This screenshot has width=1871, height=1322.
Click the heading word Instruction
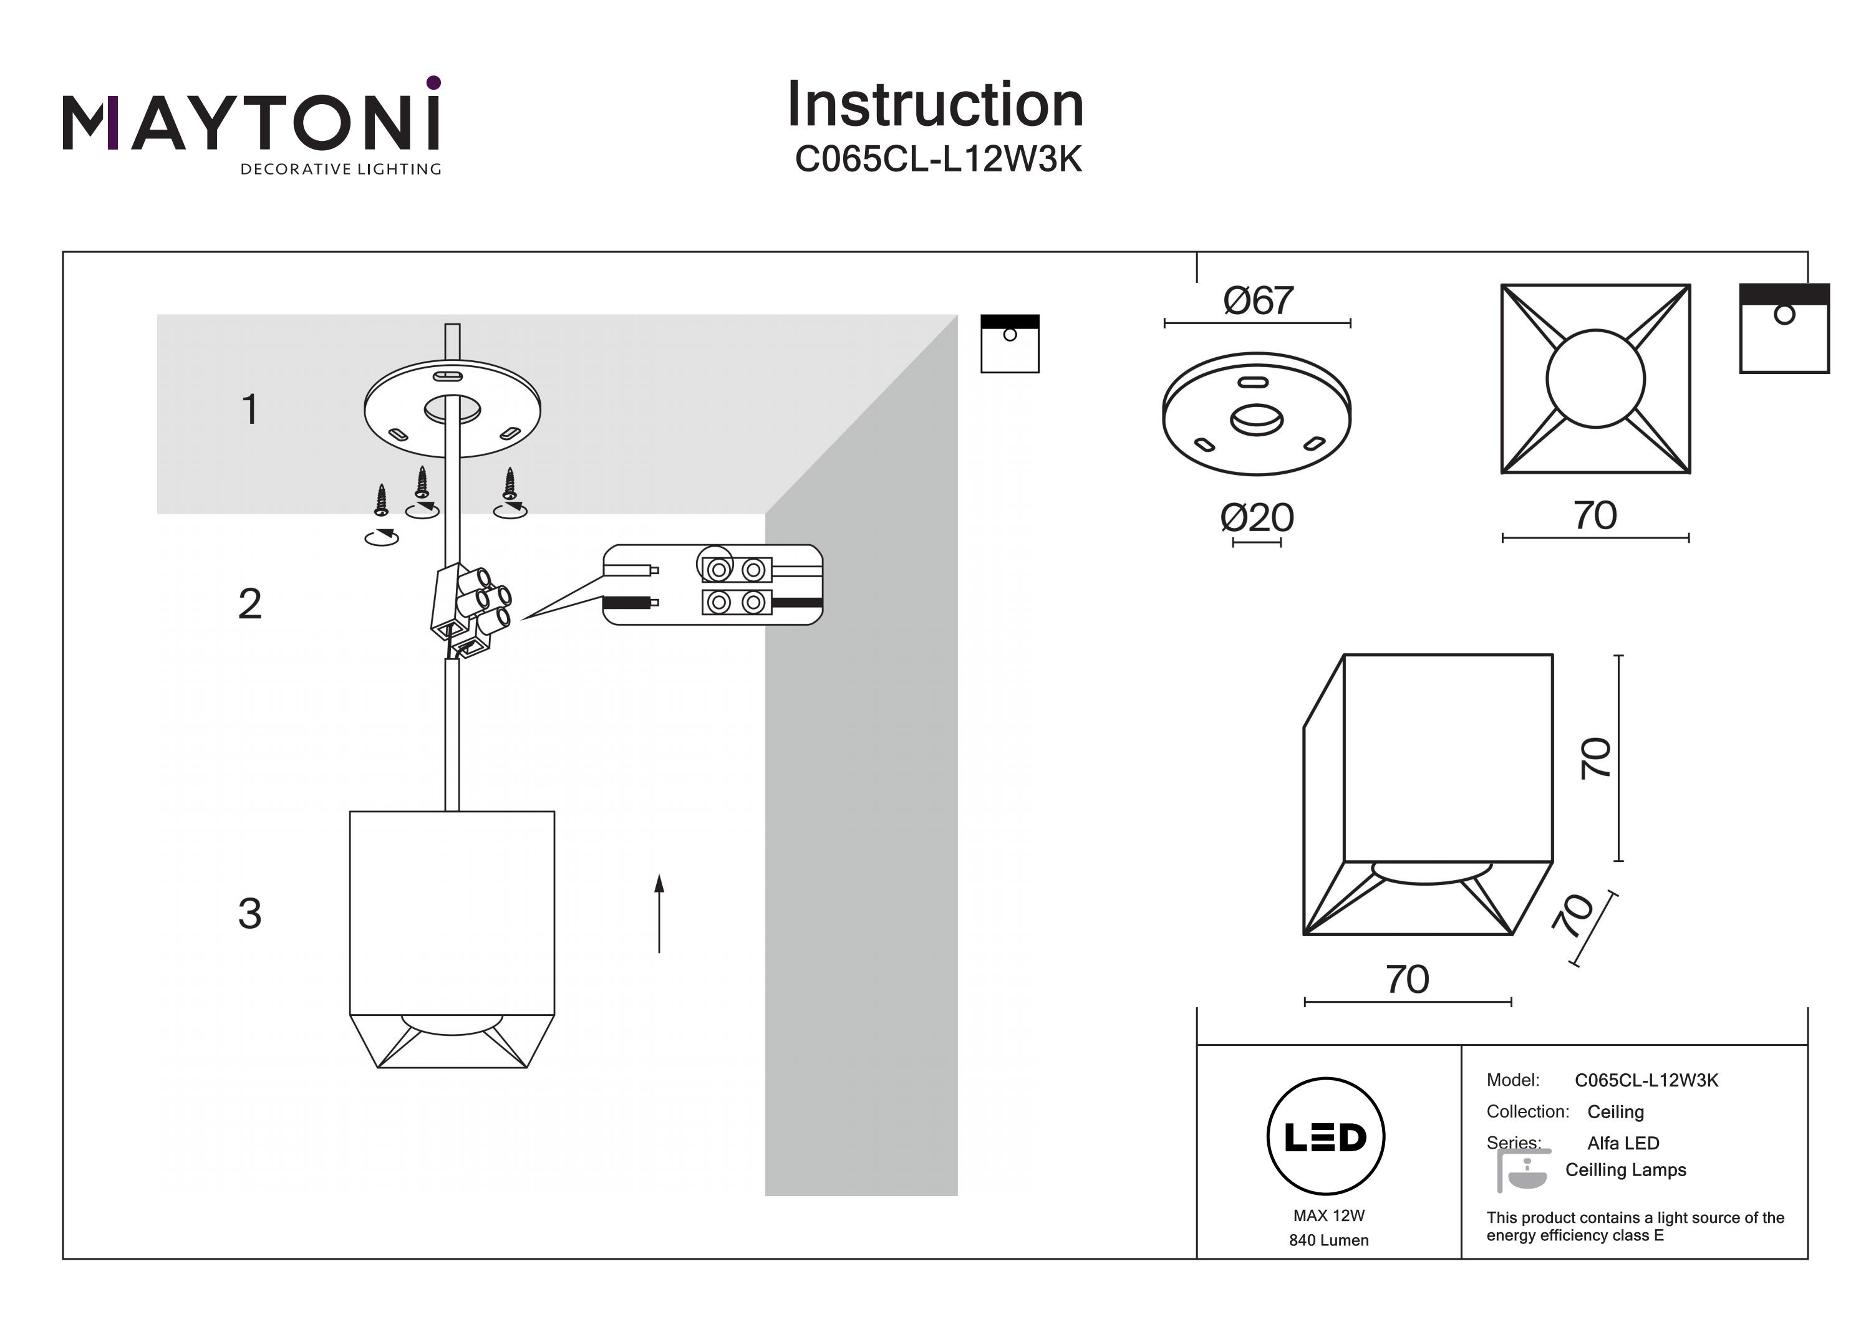pyautogui.click(x=935, y=105)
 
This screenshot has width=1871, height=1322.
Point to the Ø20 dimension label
pyautogui.click(x=1257, y=518)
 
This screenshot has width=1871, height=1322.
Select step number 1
pyautogui.click(x=250, y=409)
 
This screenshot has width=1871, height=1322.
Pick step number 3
pyautogui.click(x=249, y=914)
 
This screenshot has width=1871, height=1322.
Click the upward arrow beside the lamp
pyautogui.click(x=659, y=912)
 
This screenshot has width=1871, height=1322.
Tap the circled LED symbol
pyautogui.click(x=1325, y=1137)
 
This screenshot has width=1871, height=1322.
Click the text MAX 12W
pyautogui.click(x=1328, y=1216)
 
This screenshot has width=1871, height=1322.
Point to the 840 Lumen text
pyautogui.click(x=1328, y=1240)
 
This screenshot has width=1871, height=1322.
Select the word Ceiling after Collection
pyautogui.click(x=1615, y=1112)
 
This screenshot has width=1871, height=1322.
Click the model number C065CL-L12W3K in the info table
pyautogui.click(x=1646, y=1080)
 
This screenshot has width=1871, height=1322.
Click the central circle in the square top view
pyautogui.click(x=1595, y=379)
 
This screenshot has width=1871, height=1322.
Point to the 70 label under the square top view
pyautogui.click(x=1595, y=515)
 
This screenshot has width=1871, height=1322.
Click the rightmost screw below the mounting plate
pyautogui.click(x=510, y=484)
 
